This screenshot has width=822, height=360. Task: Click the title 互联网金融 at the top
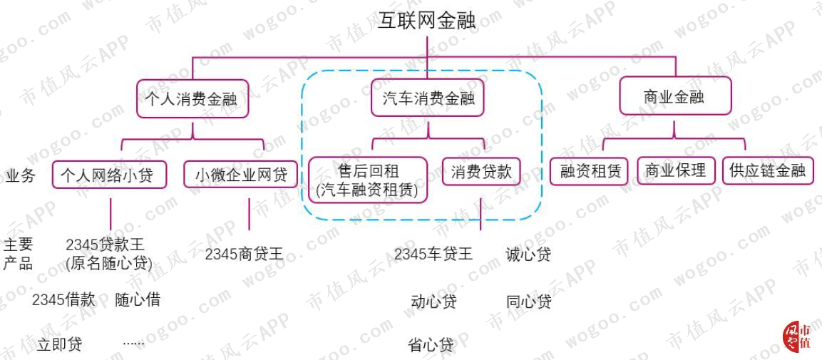tap(427, 21)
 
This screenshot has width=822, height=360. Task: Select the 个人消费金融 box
tap(192, 98)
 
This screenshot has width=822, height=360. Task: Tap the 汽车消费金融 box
tap(428, 98)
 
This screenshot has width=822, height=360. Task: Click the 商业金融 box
tap(674, 96)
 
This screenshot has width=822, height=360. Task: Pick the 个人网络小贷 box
tap(109, 175)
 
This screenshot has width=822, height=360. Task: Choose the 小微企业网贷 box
tap(241, 175)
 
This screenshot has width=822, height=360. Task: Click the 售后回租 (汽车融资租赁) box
tap(367, 180)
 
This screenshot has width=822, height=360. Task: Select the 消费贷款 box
tap(481, 171)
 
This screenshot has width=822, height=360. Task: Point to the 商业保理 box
tap(677, 170)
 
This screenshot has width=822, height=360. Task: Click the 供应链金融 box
tap(768, 170)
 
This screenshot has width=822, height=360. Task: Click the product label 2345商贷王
tap(244, 254)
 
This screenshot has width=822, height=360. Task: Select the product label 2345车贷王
tap(433, 254)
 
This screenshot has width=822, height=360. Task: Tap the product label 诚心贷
tap(528, 254)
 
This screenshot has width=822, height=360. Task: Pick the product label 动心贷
tap(433, 302)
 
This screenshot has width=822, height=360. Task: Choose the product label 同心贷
tap(528, 302)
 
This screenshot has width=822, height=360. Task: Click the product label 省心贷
tap(431, 345)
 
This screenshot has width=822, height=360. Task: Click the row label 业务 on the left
tap(20, 175)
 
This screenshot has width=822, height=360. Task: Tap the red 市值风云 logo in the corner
tap(797, 336)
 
